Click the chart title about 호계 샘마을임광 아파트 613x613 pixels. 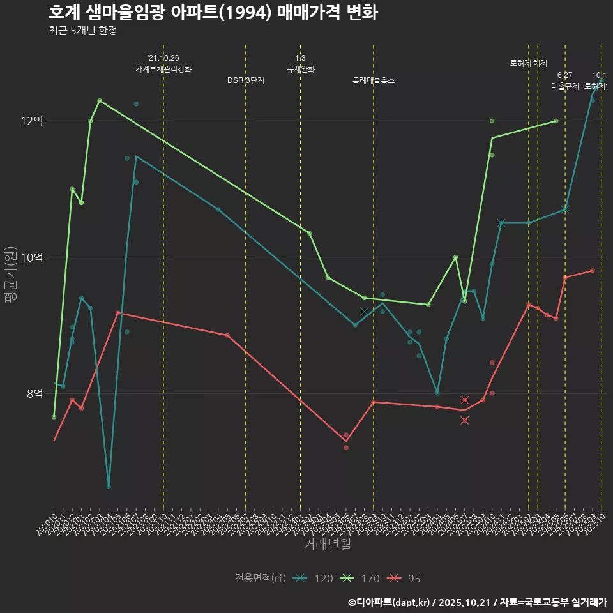click(213, 13)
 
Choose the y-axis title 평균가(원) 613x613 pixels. click(11, 275)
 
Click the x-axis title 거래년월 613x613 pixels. click(327, 545)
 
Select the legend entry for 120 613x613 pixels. click(313, 579)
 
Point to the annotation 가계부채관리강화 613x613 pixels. click(163, 69)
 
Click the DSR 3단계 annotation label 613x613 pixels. click(246, 80)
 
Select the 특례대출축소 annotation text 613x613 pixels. click(374, 80)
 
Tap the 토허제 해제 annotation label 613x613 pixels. click(529, 63)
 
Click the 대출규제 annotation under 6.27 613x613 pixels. click(565, 86)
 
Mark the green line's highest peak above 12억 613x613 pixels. click(100, 100)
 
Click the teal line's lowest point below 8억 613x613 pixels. click(109, 487)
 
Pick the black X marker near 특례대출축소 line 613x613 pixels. click(364, 311)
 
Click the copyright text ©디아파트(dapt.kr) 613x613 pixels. click(390, 602)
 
